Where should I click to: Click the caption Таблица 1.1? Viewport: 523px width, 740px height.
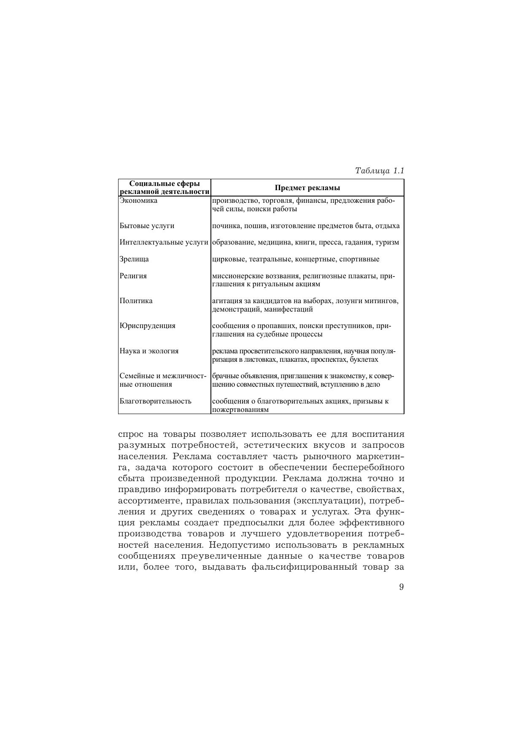click(380, 171)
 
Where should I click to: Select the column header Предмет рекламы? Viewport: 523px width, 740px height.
click(307, 188)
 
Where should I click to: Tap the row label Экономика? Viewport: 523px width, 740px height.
click(138, 201)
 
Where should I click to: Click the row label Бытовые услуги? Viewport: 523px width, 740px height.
click(147, 226)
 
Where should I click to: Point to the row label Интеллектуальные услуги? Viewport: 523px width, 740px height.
click(164, 242)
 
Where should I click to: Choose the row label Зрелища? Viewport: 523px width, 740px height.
click(134, 259)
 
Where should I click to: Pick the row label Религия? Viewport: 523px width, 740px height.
click(133, 276)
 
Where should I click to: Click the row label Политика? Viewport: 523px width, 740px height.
click(136, 301)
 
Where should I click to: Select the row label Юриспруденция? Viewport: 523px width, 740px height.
click(147, 326)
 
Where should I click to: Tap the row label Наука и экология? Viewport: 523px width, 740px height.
click(149, 351)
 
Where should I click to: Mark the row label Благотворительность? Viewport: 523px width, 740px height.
click(155, 401)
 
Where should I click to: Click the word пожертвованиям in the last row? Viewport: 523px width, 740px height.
click(240, 409)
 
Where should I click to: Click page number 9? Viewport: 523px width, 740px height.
click(401, 587)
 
